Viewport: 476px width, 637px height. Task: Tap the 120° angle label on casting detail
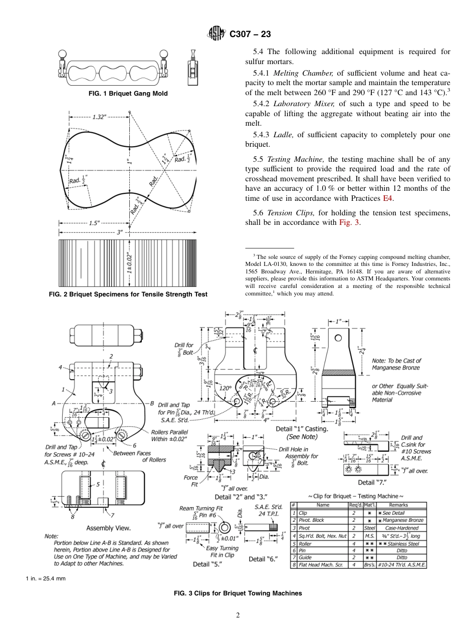(225, 388)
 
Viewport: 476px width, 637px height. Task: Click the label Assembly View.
(108, 528)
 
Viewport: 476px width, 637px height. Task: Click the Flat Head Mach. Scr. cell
(318, 565)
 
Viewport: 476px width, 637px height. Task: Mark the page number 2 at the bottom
(238, 615)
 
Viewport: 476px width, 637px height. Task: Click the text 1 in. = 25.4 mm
(46, 579)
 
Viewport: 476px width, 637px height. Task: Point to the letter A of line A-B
(53, 403)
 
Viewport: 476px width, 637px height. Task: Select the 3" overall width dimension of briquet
(119, 232)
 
